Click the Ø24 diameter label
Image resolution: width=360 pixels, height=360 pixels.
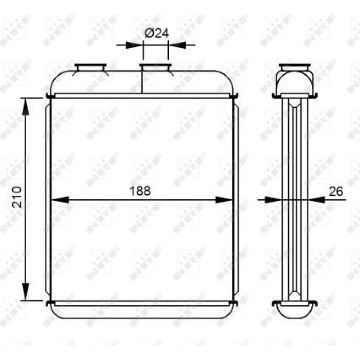(157, 34)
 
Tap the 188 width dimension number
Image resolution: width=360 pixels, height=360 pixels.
(140, 191)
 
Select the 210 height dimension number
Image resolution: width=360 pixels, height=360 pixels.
(17, 197)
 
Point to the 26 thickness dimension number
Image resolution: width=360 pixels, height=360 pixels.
(336, 191)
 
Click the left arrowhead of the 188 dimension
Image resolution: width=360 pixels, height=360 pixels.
(60, 200)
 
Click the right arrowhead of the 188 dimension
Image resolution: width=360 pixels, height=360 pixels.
(224, 200)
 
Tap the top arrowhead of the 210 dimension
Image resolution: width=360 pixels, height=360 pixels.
(26, 107)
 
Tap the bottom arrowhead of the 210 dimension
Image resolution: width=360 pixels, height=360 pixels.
(26, 291)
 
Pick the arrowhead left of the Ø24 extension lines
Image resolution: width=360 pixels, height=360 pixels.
(134, 45)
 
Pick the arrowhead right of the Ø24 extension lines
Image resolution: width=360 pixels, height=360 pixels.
(177, 45)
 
